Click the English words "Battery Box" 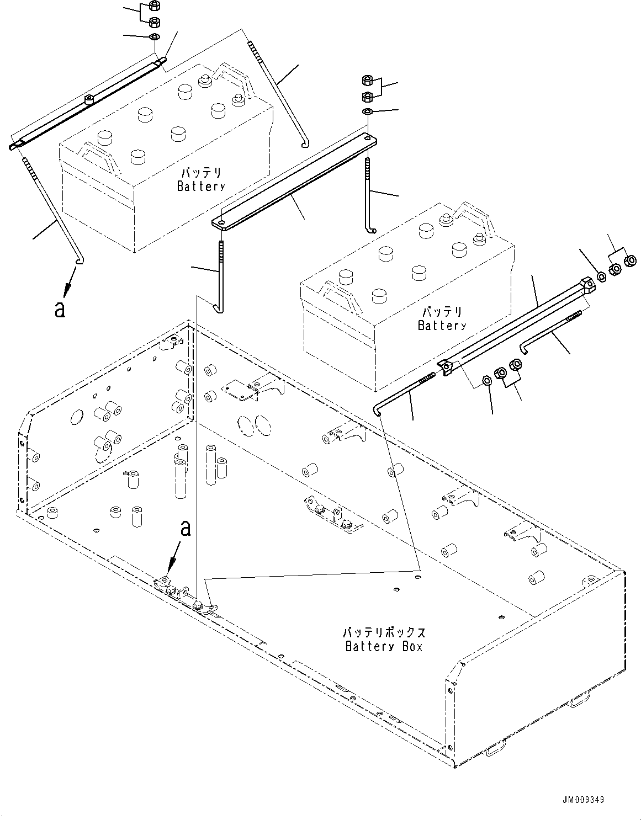click(384, 646)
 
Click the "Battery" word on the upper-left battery click(201, 186)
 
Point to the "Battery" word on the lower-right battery click(442, 325)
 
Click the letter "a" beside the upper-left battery click(60, 310)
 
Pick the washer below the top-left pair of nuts click(155, 37)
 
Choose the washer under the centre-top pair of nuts click(367, 113)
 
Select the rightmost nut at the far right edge click(628, 260)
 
